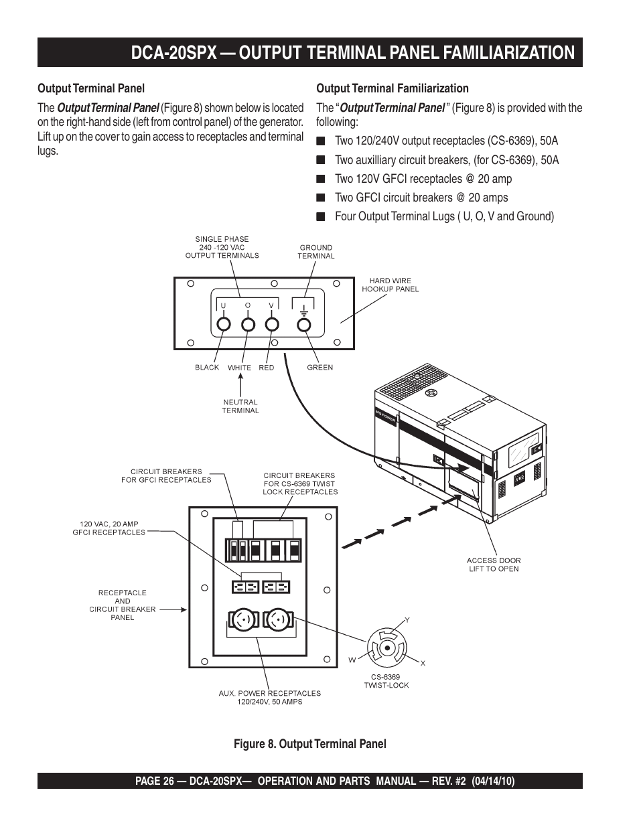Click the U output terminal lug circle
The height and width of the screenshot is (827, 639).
[x=224, y=325]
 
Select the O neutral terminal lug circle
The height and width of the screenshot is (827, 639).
[x=248, y=325]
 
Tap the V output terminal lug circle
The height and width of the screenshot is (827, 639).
[x=272, y=325]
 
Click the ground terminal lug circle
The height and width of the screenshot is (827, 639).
[x=303, y=325]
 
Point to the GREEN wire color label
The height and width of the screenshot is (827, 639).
[x=319, y=367]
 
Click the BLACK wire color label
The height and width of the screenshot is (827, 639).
[x=207, y=367]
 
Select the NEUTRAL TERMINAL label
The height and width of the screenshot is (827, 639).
[x=240, y=406]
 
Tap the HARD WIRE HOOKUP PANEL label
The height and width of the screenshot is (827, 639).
[x=390, y=285]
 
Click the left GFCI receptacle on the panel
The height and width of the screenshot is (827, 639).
[x=245, y=587]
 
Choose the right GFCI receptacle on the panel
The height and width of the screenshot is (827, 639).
[x=277, y=587]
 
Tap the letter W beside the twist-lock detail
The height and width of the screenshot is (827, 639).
[x=352, y=660]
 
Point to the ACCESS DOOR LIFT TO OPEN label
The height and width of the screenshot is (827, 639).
[x=494, y=565]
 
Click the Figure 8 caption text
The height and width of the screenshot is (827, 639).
[x=309, y=744]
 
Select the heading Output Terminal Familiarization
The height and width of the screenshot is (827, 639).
[x=392, y=88]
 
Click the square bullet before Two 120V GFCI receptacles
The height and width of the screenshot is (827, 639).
[x=321, y=179]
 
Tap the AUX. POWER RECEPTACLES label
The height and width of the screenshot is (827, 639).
[x=269, y=697]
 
